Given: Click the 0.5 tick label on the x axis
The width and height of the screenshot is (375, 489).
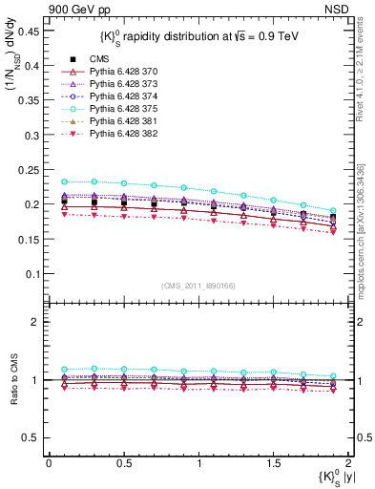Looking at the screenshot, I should point(124,462).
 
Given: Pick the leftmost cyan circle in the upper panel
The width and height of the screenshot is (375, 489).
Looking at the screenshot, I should point(64,181).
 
